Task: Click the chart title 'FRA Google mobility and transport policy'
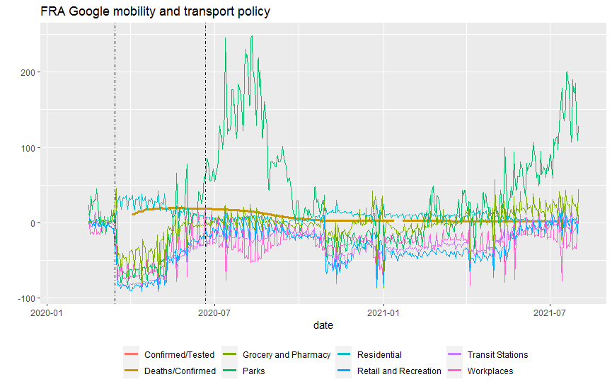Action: point(154,11)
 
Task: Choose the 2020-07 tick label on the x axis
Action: point(214,311)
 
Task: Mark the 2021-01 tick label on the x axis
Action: point(383,311)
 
